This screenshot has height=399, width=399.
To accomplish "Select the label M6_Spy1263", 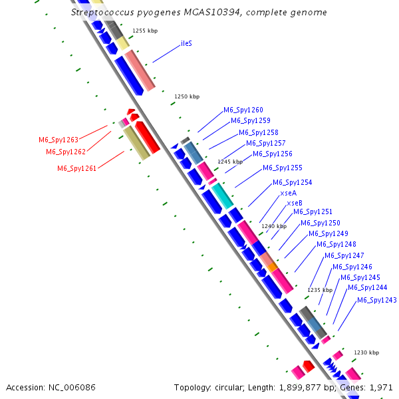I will click(x=59, y=140).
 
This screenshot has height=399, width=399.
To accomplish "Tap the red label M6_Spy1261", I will click(x=77, y=168).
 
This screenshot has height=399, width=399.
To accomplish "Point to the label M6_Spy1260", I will click(x=243, y=110).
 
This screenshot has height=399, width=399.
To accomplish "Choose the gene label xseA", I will click(x=288, y=193).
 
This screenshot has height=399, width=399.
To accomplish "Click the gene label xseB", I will click(x=295, y=202).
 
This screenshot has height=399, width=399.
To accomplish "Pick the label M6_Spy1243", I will click(x=376, y=300).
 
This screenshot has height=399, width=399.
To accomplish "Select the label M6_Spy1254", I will click(x=292, y=182).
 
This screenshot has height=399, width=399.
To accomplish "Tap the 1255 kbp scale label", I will click(x=145, y=31).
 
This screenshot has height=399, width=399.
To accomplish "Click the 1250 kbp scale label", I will click(x=187, y=96).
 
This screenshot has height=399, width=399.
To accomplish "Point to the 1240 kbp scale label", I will click(x=274, y=226).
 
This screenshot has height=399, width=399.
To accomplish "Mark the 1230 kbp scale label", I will click(x=366, y=352).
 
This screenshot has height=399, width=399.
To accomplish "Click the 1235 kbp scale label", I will click(x=319, y=290).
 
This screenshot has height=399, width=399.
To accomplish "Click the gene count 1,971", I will click(x=382, y=387).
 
